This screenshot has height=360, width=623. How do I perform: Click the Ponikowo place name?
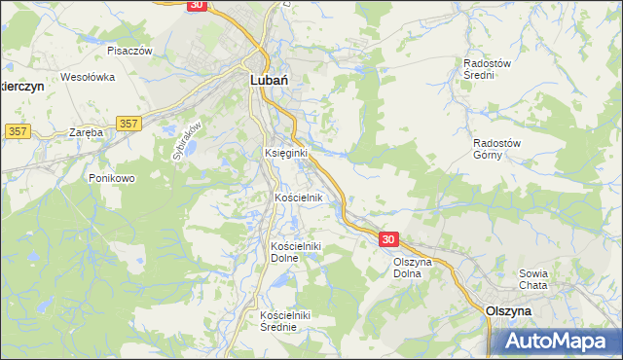tap(111, 178)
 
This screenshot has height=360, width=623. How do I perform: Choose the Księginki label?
tap(286, 153)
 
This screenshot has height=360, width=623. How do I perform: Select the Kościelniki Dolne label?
tap(297, 252)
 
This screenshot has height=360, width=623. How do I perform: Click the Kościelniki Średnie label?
tap(285, 320)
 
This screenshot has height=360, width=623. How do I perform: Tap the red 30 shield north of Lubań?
tap(197, 5)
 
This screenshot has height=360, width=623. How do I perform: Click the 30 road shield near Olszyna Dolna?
tap(388, 239)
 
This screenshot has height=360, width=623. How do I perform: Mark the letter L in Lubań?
tap(255, 83)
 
